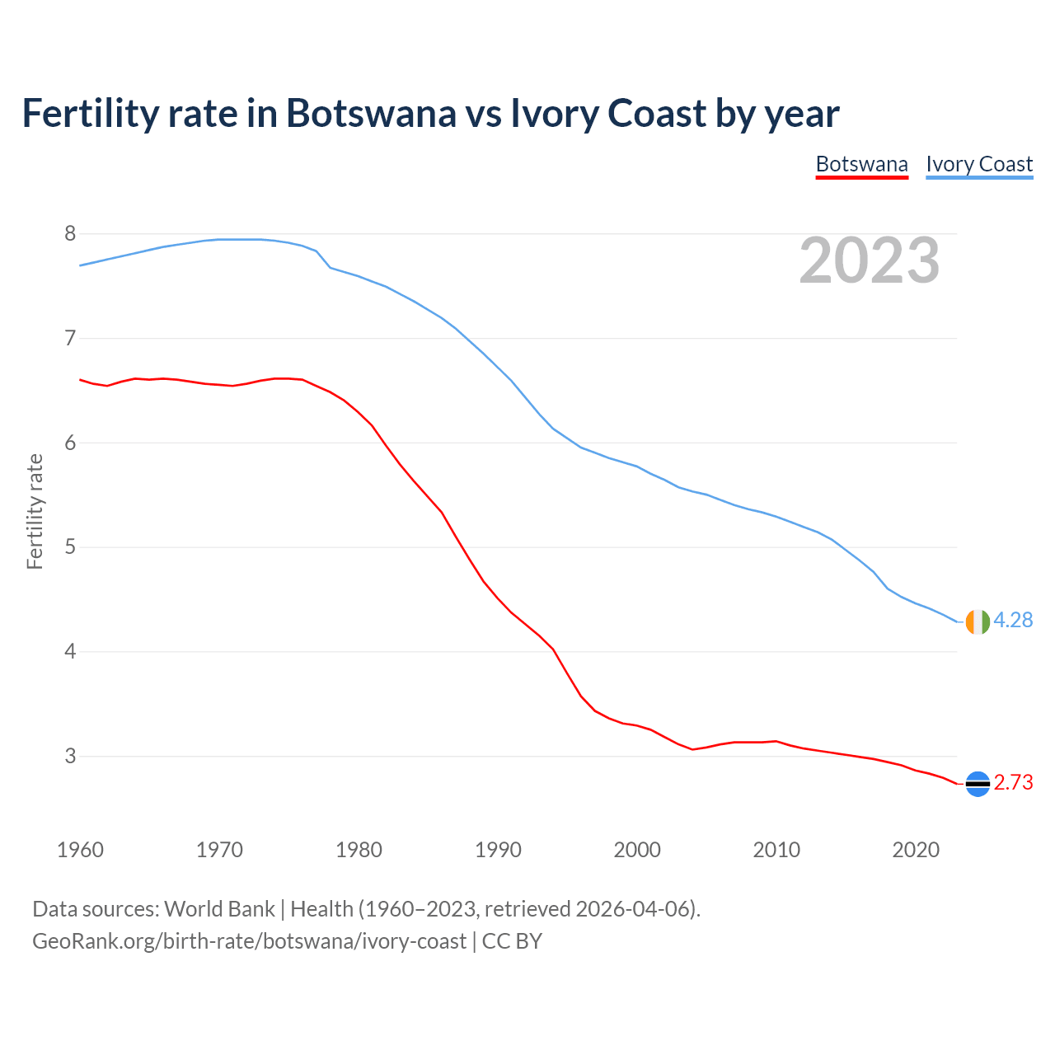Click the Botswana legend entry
point(861,164)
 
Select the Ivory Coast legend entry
point(979,164)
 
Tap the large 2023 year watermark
point(869,260)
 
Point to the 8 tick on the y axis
point(70,234)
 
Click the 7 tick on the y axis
point(70,338)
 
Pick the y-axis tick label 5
point(70,547)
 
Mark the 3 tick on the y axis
point(70,756)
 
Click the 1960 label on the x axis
point(80,850)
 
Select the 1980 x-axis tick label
point(359,850)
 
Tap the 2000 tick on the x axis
point(637,850)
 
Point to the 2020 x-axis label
point(916,850)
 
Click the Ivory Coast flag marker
point(977,621)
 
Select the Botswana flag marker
point(977,784)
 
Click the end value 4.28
point(1013,621)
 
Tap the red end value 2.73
point(1013,783)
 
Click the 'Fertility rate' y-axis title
point(35,511)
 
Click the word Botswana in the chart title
point(370,113)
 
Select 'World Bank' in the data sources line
point(219,909)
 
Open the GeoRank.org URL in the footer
point(249,941)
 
